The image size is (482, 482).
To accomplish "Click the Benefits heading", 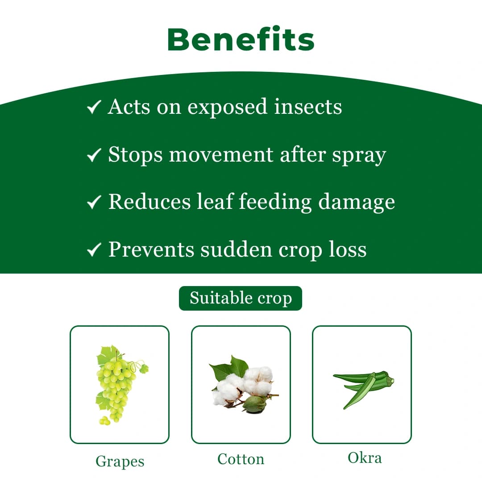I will tap(241, 39).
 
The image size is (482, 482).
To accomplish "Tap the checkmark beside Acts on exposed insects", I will tap(94, 107).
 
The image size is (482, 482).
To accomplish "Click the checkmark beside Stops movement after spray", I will tap(94, 155).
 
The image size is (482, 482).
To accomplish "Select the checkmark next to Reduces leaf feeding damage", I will tap(94, 203).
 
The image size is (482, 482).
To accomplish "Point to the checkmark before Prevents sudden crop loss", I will tap(94, 250).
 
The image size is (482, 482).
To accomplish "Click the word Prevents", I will tap(151, 249).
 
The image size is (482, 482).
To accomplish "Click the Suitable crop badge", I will tap(241, 298).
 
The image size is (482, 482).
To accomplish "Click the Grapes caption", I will tap(120, 461).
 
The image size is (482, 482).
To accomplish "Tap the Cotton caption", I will tap(241, 459).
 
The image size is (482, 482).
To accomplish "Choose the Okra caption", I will tap(365, 457).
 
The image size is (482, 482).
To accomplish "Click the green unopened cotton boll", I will tap(255, 403).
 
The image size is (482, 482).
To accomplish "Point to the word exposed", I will tap(227, 107).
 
